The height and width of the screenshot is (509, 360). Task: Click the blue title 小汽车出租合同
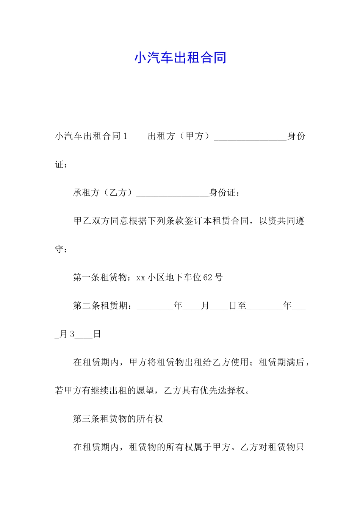[180, 58]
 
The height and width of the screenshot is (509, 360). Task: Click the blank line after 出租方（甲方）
[250, 137]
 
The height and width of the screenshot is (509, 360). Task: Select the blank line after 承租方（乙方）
[172, 194]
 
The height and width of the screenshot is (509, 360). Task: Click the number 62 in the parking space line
[208, 278]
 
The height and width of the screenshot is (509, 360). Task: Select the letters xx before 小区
[141, 278]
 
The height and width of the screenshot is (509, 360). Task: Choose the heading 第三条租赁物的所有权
[118, 419]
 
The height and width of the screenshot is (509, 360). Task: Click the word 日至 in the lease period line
[238, 306]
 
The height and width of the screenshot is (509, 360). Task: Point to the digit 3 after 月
[72, 334]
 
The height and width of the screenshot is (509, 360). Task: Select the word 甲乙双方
[92, 221]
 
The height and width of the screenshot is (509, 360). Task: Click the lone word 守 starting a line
[59, 249]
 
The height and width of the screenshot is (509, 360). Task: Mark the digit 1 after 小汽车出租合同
[125, 136]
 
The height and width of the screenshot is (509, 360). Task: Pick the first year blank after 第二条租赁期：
[155, 307]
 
